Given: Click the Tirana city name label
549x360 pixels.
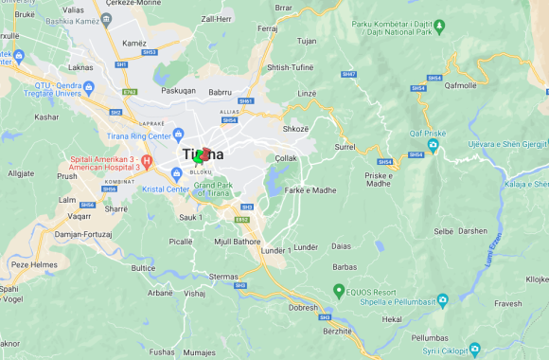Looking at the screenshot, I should point(204,154).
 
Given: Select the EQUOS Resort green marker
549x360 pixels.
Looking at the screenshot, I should point(338,290).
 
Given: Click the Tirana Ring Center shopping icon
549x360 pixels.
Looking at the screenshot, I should point(178,132).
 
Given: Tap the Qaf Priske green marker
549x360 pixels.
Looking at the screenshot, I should point(431,147).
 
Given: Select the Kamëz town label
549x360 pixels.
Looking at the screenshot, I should point(134,44).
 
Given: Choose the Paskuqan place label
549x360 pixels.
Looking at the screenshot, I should point(177,92).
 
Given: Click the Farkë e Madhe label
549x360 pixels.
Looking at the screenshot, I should point(310,189).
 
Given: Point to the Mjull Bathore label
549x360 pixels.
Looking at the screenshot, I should point(237,241).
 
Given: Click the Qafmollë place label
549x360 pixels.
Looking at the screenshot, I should point(460,84).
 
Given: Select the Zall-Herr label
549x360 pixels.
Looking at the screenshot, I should point(216,18).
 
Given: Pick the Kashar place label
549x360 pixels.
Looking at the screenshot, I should point(45,117).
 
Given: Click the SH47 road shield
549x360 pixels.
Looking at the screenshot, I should point(349,73).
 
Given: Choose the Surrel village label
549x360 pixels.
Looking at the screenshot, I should point(345,148).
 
